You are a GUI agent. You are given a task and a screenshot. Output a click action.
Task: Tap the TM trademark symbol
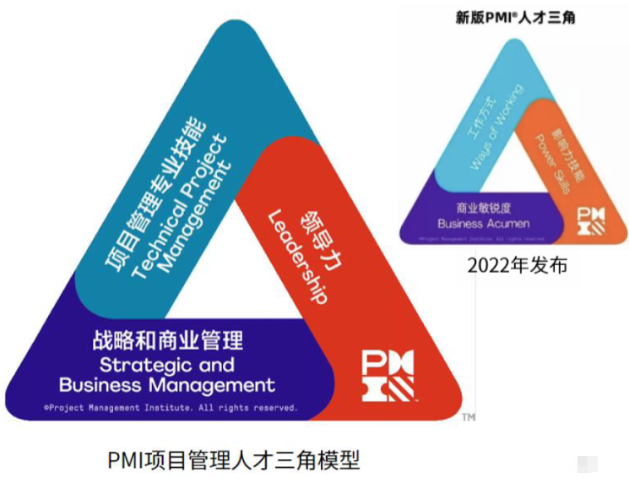tap(469, 417)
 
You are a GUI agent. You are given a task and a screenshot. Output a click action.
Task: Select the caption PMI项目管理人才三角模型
tap(234, 460)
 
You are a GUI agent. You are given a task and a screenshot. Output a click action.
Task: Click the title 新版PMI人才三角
tap(515, 17)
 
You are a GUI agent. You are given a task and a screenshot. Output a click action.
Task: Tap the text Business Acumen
tap(484, 224)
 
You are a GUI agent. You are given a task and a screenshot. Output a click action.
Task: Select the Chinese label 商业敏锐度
tap(484, 207)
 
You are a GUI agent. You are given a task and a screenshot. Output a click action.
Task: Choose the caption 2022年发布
tap(517, 265)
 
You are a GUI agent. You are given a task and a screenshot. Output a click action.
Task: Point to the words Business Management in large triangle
tap(167, 386)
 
